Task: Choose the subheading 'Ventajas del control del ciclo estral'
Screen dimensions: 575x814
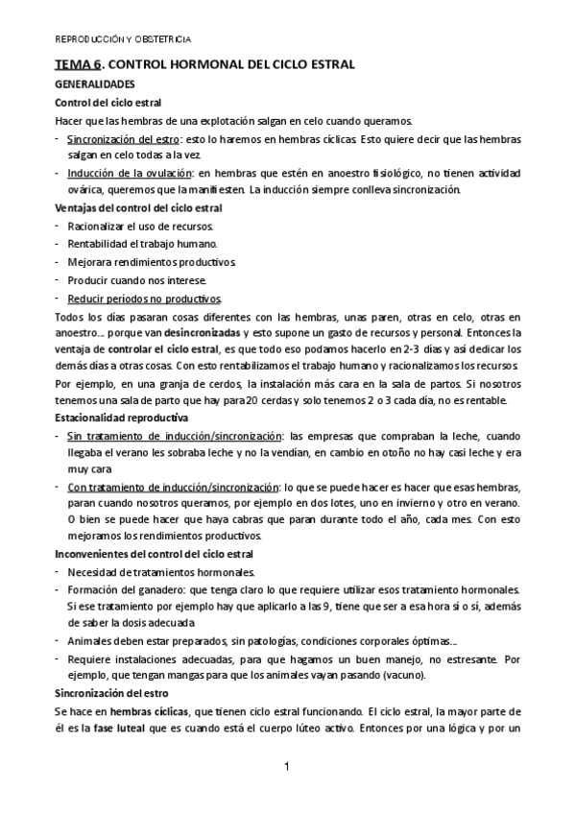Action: tap(138, 207)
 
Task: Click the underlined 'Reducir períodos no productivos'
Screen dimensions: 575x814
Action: tap(144, 298)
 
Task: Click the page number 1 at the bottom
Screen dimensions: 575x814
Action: tap(287, 767)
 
